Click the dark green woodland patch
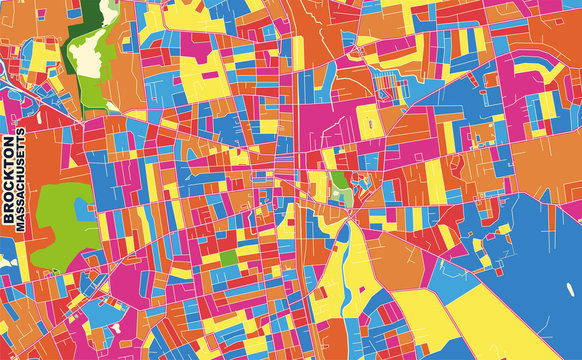pos(96,13)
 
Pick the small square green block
pos(230,257)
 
